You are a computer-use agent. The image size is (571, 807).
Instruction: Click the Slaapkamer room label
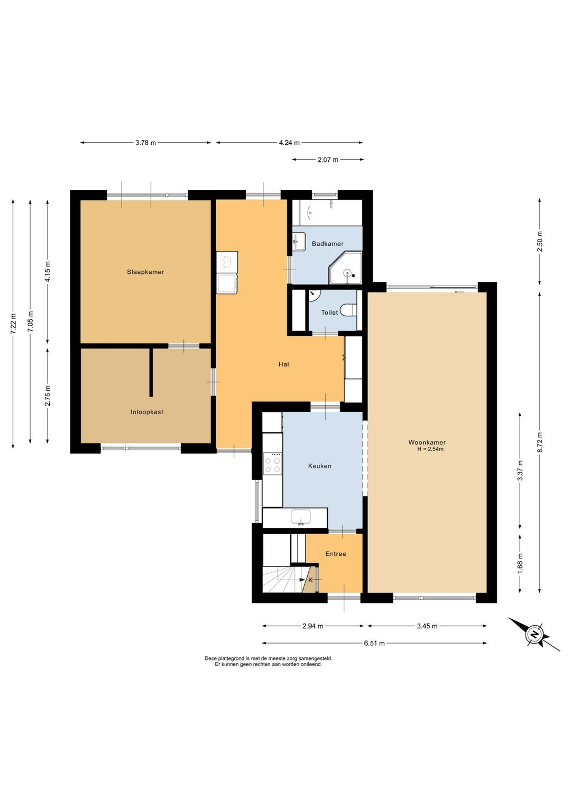[x=145, y=272]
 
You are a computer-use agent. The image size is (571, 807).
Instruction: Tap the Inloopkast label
[x=147, y=412]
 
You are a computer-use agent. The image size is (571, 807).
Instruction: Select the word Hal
[x=283, y=364]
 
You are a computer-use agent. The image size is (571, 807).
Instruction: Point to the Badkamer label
[x=327, y=244]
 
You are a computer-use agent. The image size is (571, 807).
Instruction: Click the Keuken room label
[x=319, y=466]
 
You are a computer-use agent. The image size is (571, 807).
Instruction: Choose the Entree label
[x=335, y=554]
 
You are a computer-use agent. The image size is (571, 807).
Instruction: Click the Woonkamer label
[x=427, y=443]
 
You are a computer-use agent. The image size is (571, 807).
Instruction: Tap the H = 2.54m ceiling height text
[x=430, y=450]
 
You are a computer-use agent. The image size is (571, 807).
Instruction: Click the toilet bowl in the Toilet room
[x=348, y=310]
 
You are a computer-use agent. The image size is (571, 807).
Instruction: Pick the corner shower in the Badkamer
[x=345, y=268]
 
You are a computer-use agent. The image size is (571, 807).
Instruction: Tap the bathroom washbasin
[x=299, y=241]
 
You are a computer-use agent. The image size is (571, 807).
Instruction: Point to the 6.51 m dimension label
[x=374, y=643]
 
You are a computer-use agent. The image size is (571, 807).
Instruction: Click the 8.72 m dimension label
[x=539, y=442]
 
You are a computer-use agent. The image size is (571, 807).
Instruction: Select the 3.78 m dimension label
[x=145, y=143]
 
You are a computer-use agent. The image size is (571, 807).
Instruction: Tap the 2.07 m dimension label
[x=328, y=160]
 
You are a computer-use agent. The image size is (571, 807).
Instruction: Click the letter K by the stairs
[x=310, y=580]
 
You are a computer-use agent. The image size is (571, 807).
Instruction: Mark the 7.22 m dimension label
[x=13, y=323]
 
